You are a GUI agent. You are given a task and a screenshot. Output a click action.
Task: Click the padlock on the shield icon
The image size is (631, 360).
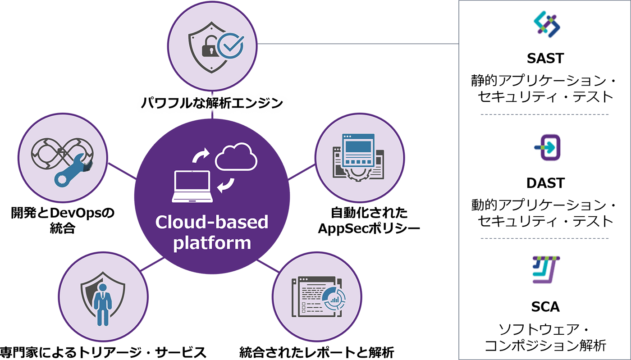point(207,47)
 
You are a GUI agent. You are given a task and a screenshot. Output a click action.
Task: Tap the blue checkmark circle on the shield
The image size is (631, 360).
point(230,46)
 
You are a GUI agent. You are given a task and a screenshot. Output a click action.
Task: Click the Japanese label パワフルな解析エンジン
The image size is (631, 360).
point(211,103)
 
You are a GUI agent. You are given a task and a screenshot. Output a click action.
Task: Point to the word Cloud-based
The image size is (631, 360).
point(211,222)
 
